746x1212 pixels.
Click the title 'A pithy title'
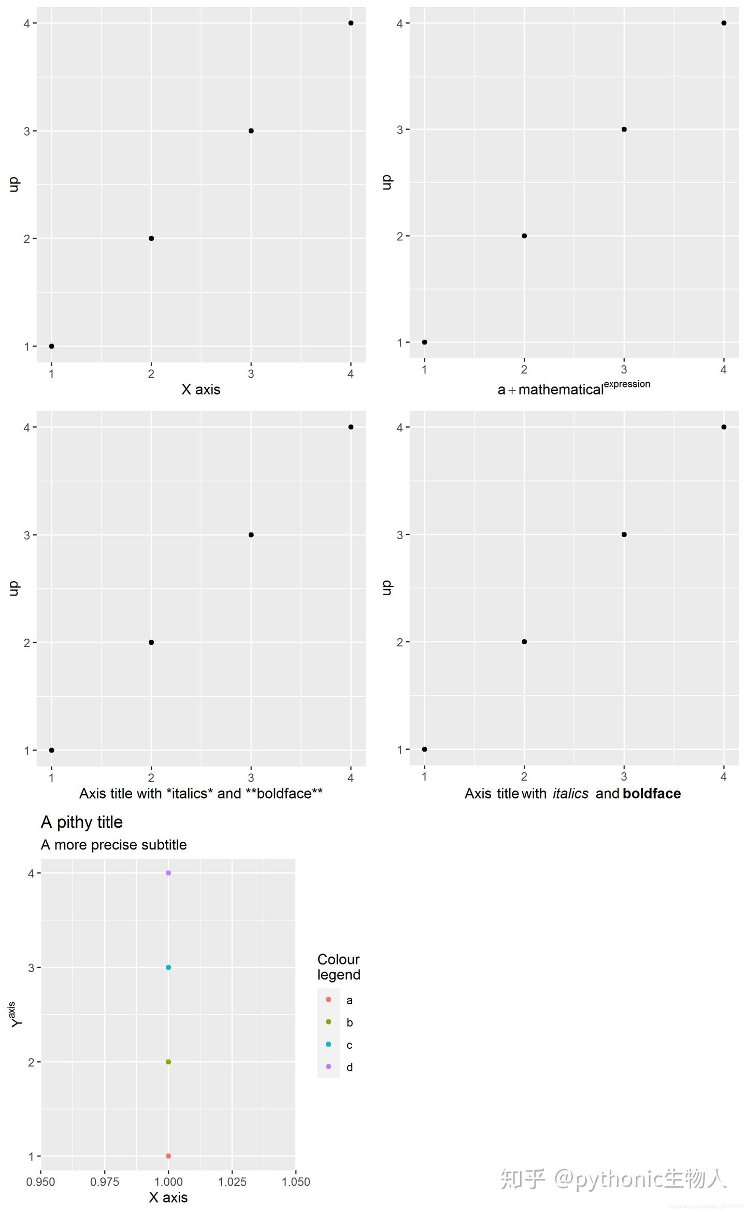coord(82,823)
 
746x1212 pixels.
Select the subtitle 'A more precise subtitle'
coord(113,845)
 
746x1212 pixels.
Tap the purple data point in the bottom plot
coord(168,873)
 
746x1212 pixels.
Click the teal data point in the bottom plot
coord(168,968)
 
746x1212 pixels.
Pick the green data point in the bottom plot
coord(168,1062)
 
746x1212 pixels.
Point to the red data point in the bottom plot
coord(168,1156)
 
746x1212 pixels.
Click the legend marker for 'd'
coord(328,1066)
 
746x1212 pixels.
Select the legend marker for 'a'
coord(328,999)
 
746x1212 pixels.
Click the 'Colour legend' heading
coord(338,967)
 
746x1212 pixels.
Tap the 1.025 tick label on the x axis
coord(232,1181)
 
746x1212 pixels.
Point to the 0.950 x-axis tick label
coord(40,1181)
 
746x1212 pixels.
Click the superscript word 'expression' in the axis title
coord(627,384)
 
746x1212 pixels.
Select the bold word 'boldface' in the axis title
coord(652,793)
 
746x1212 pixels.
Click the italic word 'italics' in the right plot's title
coord(570,793)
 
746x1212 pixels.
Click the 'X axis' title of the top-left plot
coord(201,389)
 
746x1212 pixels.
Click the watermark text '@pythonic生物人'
coord(640,1179)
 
